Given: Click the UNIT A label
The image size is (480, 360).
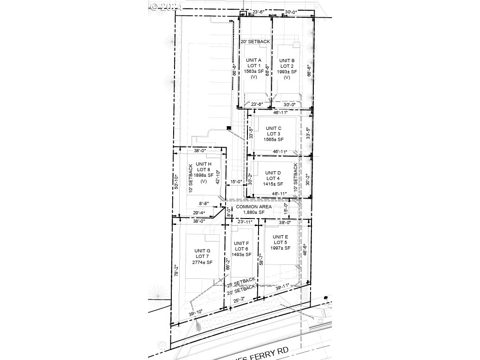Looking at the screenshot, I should coord(254,60).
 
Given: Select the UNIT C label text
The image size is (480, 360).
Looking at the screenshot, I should coord(273,128).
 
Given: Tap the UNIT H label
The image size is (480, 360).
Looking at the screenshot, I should coord(204,164).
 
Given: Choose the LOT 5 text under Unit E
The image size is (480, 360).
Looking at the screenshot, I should coord(280,243).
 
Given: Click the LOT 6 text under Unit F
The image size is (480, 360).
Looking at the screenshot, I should coord(241,249).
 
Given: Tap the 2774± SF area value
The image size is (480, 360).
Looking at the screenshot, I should coord(203,263).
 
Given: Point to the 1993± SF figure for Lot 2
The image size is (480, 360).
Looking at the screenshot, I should coord(287,72).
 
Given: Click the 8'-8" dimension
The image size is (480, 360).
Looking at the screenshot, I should coord(204,204).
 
